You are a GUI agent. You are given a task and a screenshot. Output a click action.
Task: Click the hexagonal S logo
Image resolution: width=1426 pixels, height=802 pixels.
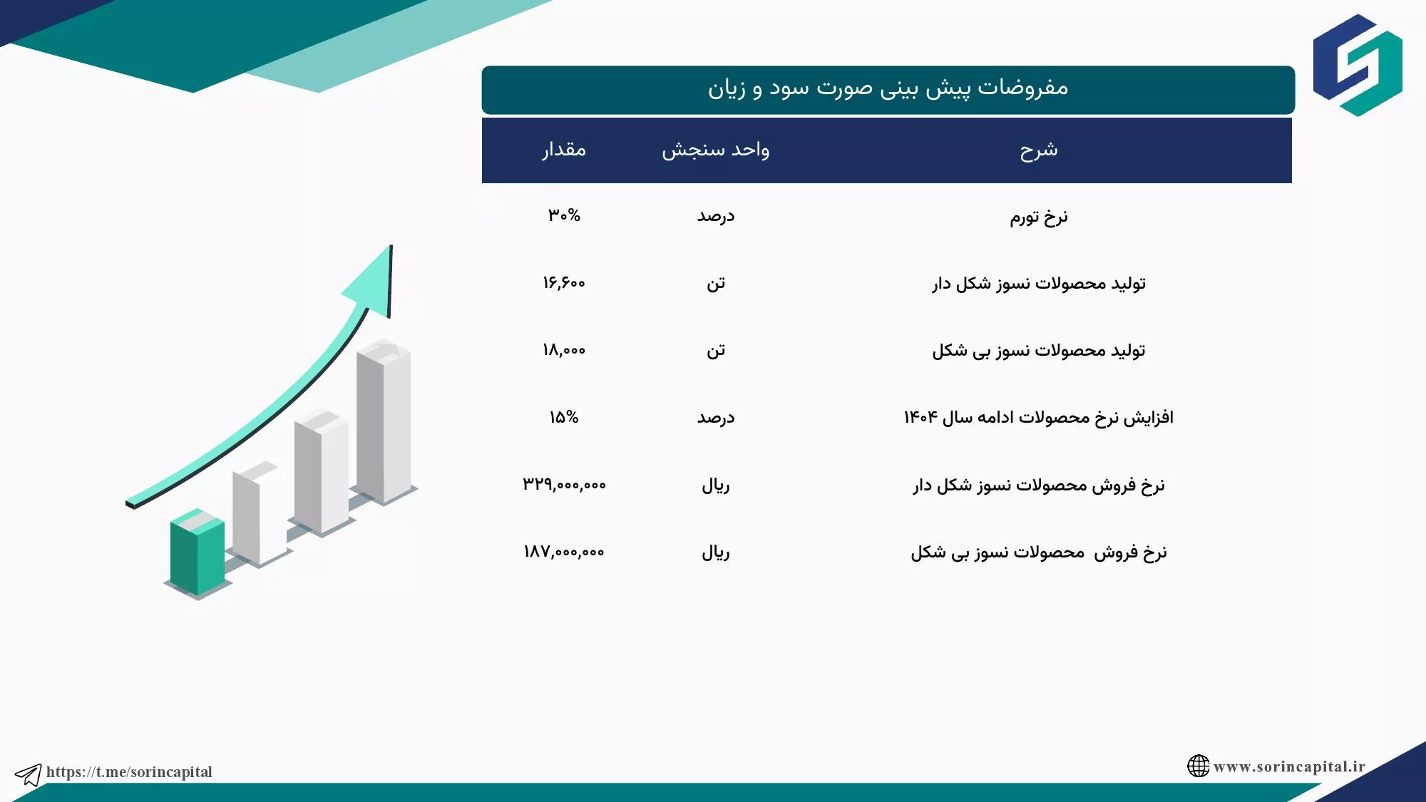pyautogui.click(x=1358, y=65)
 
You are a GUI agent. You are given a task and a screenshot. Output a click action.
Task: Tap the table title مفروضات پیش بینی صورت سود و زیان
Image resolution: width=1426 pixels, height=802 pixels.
pyautogui.click(x=888, y=88)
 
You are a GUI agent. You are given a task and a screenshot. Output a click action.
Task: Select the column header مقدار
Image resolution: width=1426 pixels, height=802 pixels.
pyautogui.click(x=564, y=150)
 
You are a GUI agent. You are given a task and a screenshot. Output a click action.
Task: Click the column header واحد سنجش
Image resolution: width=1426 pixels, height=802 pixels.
pyautogui.click(x=716, y=150)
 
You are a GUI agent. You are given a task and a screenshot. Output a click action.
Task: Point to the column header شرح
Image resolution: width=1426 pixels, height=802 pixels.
pyautogui.click(x=1039, y=150)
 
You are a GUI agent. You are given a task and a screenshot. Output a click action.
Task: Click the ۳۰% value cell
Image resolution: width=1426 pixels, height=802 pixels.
pyautogui.click(x=564, y=215)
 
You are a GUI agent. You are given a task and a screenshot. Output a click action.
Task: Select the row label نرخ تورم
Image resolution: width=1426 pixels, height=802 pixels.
pyautogui.click(x=1039, y=217)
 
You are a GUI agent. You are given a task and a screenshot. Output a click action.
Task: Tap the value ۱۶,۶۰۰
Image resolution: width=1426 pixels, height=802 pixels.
pyautogui.click(x=564, y=283)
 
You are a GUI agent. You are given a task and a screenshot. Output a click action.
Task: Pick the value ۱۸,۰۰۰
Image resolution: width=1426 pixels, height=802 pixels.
pyautogui.click(x=564, y=350)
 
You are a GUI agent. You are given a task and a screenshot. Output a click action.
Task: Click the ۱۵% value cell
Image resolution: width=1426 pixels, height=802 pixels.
pyautogui.click(x=564, y=417)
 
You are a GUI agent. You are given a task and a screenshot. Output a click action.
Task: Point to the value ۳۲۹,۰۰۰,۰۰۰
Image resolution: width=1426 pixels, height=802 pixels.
pyautogui.click(x=564, y=485)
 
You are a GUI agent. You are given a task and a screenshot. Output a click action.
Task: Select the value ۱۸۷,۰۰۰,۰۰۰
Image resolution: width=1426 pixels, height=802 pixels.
pyautogui.click(x=564, y=552)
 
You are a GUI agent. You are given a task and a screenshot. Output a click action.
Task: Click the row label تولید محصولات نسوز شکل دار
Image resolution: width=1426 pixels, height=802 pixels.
pyautogui.click(x=1039, y=284)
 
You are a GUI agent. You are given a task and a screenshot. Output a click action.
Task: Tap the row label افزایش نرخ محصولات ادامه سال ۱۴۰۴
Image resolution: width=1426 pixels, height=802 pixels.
pyautogui.click(x=1039, y=418)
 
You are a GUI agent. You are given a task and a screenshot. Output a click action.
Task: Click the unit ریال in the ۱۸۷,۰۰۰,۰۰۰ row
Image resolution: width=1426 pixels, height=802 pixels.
pyautogui.click(x=716, y=552)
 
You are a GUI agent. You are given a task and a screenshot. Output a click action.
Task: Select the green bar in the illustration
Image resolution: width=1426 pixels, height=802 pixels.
pyautogui.click(x=198, y=552)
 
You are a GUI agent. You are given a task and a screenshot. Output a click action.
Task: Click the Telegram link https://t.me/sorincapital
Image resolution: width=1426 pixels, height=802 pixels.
pyautogui.click(x=129, y=772)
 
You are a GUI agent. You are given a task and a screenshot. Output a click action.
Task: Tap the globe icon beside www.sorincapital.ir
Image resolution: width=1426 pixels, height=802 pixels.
pyautogui.click(x=1199, y=766)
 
